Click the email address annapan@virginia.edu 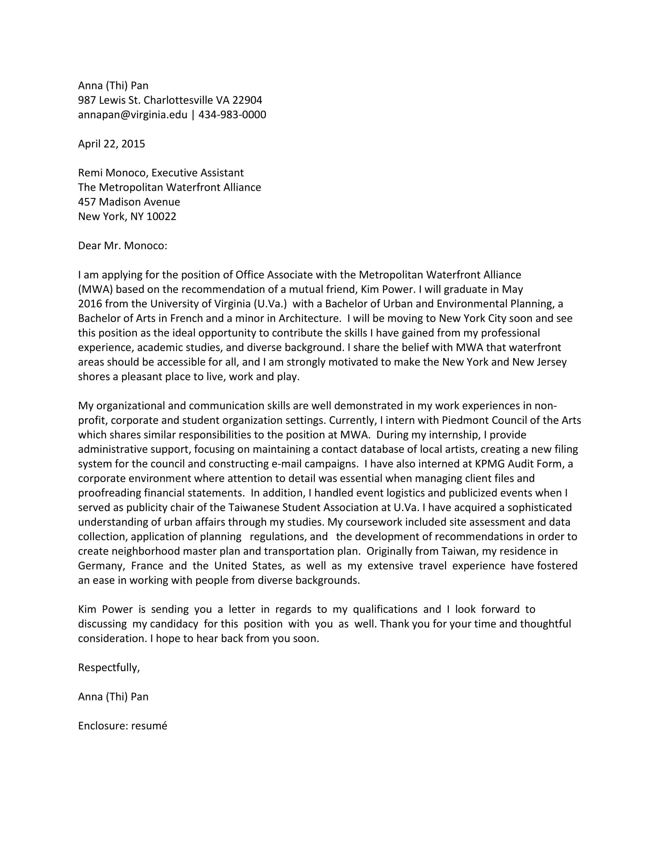point(132,115)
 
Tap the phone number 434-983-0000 point(232,115)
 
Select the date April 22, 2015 point(112,144)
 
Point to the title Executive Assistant point(198,173)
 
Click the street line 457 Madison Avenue point(129,202)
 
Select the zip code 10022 point(161,216)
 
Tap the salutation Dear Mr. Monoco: point(122,246)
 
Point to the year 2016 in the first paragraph point(90,304)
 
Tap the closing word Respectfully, point(109,667)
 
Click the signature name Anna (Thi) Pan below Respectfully point(113,697)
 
